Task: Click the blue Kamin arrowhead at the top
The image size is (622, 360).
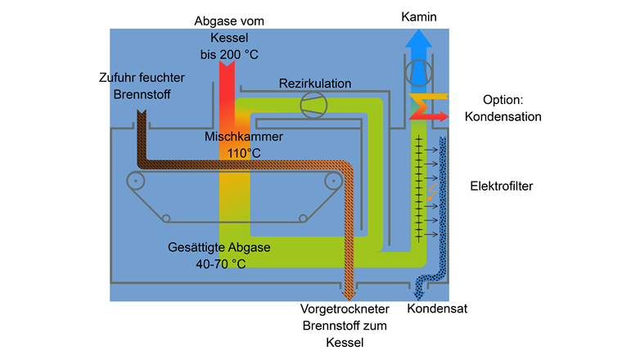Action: [x=418, y=38]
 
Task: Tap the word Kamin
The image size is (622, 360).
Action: [x=419, y=16]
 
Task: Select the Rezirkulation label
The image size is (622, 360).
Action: [x=315, y=83]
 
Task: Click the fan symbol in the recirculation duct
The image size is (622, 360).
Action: [x=312, y=106]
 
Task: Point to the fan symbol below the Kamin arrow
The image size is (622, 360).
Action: [x=419, y=73]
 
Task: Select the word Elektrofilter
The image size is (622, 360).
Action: [x=501, y=186]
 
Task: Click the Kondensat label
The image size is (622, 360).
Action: [x=437, y=309]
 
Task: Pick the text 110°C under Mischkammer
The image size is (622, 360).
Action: [x=244, y=152]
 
